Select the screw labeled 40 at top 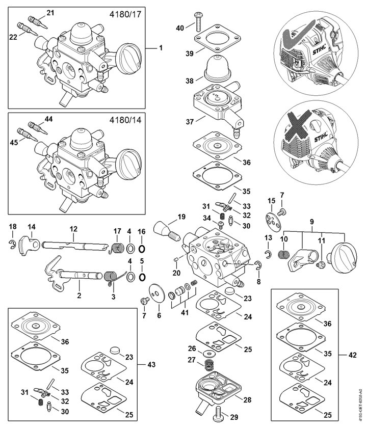click(x=196, y=21)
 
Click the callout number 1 click(x=161, y=48)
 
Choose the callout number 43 click(x=151, y=365)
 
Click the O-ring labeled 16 click(x=142, y=248)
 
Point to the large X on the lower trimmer click(x=299, y=126)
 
